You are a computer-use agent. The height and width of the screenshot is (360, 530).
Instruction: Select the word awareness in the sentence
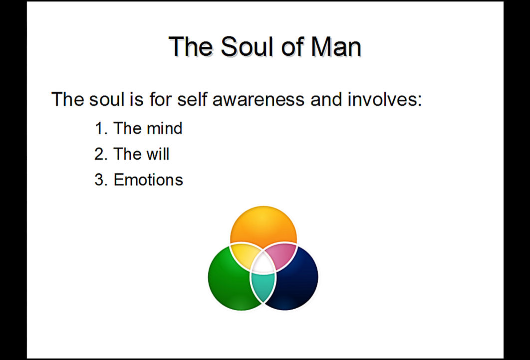click(x=259, y=99)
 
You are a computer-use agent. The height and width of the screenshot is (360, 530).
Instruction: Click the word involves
click(x=385, y=99)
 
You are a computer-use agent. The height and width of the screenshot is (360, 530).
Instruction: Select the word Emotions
click(x=148, y=179)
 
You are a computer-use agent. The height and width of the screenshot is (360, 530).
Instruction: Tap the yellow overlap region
click(x=243, y=255)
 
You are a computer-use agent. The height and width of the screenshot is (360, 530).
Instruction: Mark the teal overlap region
click(x=263, y=286)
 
